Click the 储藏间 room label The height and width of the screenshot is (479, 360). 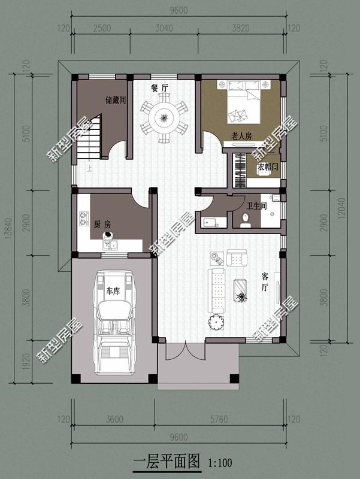click(x=115, y=100)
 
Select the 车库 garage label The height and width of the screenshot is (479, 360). click(x=113, y=292)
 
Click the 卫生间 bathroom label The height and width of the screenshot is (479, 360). click(x=258, y=206)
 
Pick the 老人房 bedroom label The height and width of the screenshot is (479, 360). click(x=241, y=137)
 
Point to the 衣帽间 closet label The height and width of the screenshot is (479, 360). click(x=268, y=167)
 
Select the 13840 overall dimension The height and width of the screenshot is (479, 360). click(x=12, y=228)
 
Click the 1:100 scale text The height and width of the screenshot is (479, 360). click(x=220, y=463)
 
